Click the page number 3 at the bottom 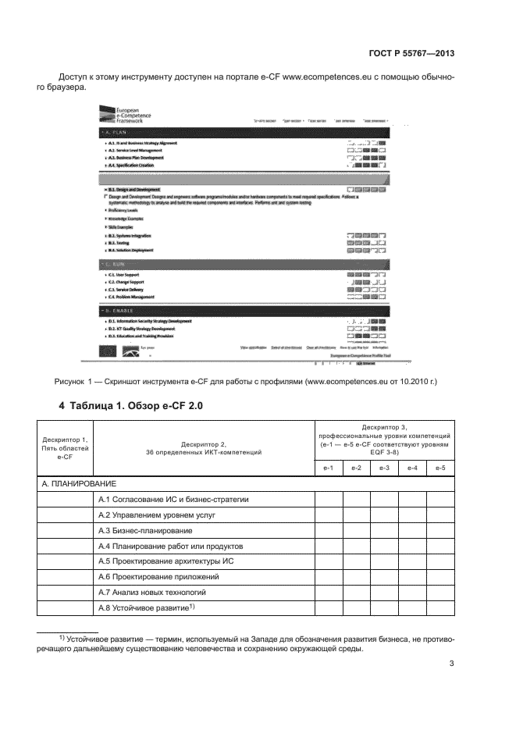click(451, 664)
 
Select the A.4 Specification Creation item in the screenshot click(130, 166)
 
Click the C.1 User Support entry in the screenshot click(126, 275)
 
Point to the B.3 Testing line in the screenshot click(119, 243)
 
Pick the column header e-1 click(329, 467)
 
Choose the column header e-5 click(439, 467)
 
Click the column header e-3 click(383, 467)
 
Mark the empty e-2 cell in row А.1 click(356, 500)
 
